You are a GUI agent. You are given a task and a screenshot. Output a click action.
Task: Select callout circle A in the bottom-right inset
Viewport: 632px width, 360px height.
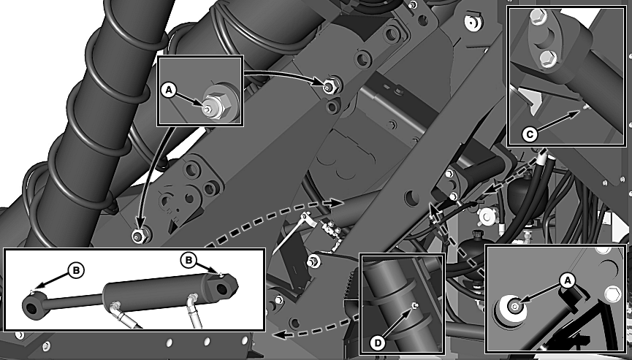click(x=567, y=280)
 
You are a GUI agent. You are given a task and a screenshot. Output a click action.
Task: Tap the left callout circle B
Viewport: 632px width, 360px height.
click(x=76, y=270)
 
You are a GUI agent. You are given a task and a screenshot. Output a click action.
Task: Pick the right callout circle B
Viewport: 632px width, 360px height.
click(x=189, y=260)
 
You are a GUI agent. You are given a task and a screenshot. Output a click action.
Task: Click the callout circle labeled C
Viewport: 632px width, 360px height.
click(x=530, y=134)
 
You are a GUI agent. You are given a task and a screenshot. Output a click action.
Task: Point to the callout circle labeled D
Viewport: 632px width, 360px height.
click(x=378, y=342)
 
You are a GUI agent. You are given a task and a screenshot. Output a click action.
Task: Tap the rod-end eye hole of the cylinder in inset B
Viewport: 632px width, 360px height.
click(x=31, y=308)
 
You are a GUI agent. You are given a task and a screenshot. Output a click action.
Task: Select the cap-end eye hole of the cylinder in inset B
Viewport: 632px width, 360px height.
click(x=222, y=288)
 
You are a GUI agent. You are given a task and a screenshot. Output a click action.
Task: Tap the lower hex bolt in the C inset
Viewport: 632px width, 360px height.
click(x=547, y=58)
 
